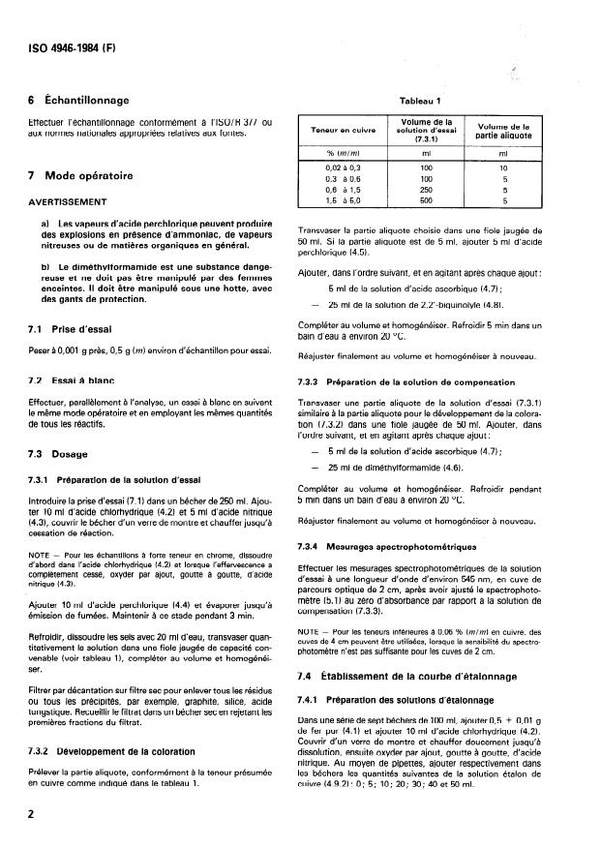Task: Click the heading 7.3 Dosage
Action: [x=59, y=453]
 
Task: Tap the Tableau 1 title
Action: [x=420, y=101]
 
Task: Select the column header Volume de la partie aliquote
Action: [x=502, y=130]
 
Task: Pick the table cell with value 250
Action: [x=426, y=191]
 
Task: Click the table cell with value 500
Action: [x=426, y=201]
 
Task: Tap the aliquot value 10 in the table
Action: [x=502, y=168]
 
